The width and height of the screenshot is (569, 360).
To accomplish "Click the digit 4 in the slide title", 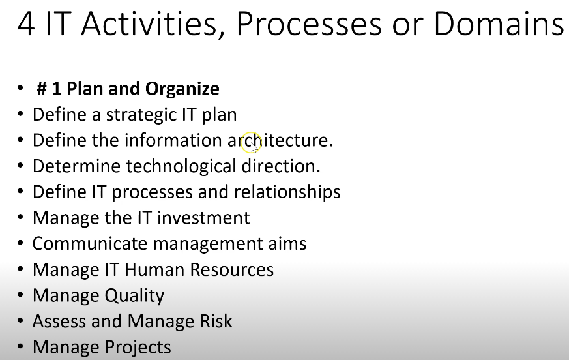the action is [26, 23].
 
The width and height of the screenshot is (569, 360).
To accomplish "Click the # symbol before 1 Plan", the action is [42, 89].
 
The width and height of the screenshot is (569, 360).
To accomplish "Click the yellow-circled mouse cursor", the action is [251, 143].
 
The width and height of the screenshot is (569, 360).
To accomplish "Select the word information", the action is [173, 140].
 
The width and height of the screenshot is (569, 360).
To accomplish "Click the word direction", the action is [281, 166].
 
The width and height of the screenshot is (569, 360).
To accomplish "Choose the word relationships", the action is [287, 192].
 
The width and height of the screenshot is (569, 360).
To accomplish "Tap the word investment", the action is [203, 218].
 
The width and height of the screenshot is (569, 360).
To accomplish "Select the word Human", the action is [154, 270].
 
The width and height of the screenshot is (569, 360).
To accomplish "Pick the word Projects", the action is [138, 348].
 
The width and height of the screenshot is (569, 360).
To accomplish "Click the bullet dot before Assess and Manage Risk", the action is [20, 321].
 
